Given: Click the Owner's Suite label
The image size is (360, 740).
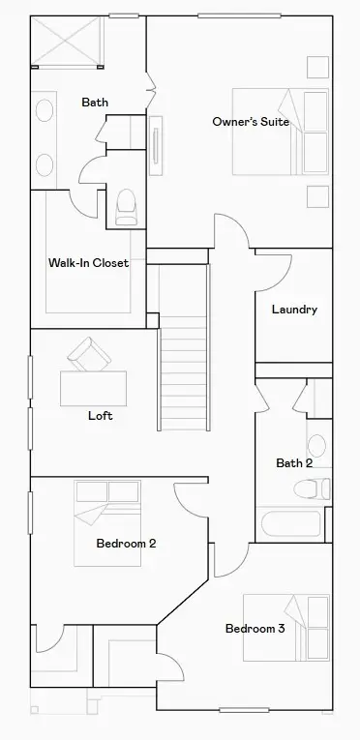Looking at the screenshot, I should point(251,122).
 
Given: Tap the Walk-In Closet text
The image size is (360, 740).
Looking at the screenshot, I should point(89,262).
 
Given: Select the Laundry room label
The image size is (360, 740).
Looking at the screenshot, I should point(294,310).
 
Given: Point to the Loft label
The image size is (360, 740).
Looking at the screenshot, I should point(100,416).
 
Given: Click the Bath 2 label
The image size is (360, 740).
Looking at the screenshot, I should point(294,463).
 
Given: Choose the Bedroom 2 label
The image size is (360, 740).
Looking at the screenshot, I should point(126,544).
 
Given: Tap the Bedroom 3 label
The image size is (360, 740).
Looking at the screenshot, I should point(255,629).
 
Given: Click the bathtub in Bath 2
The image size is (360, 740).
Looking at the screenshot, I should point(290,523).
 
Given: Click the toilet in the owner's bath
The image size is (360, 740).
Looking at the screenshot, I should point(126,205).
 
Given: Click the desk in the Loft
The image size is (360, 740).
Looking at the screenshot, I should point(94,387).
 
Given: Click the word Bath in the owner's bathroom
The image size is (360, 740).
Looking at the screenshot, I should point(95,103).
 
